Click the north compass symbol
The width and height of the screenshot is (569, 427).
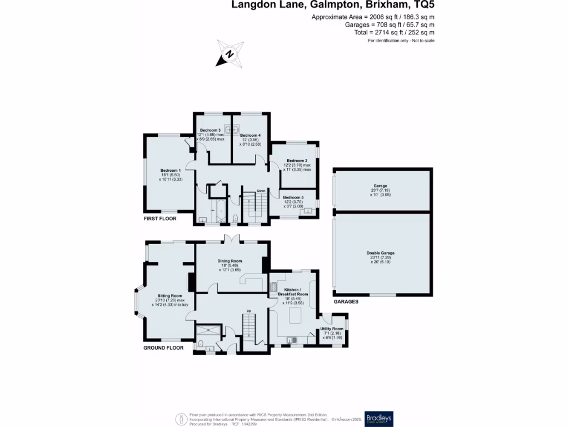point(229,54)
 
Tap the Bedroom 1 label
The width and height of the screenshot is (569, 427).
point(171,171)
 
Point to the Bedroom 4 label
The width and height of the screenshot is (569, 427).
point(250,135)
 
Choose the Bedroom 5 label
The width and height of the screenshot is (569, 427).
point(293,197)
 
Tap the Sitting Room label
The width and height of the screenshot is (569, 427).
point(170,296)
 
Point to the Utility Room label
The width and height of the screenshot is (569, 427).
point(332,329)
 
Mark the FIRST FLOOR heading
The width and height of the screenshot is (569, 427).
point(160,219)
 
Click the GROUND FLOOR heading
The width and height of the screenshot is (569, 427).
point(163,347)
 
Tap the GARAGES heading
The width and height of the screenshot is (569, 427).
point(346,301)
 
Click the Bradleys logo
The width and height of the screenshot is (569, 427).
point(379,419)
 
